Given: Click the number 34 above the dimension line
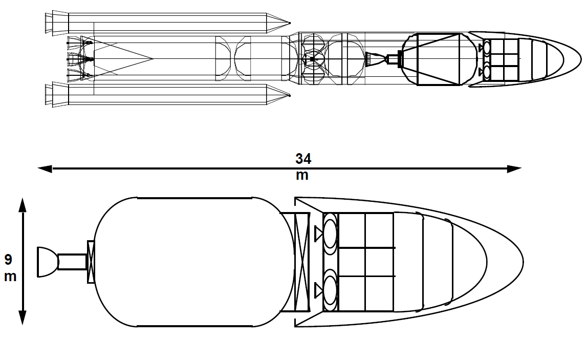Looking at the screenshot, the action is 303,159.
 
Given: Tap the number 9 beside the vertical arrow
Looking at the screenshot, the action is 8,259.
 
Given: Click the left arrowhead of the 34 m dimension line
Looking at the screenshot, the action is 45,169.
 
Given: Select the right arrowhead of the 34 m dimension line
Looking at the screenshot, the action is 514,169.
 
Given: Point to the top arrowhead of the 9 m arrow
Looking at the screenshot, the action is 23,205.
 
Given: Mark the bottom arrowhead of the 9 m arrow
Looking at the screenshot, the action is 23,317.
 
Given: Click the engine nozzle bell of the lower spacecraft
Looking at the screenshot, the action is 48,262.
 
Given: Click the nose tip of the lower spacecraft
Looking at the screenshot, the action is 523,262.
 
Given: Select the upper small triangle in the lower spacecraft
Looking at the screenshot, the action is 318,234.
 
